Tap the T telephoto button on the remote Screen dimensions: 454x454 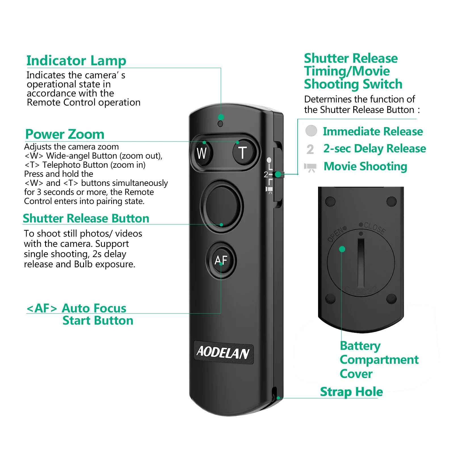[x=243, y=153]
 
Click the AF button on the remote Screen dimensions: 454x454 [x=221, y=260]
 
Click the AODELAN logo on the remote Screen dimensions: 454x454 [x=223, y=352]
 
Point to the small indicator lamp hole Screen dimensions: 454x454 [x=220, y=124]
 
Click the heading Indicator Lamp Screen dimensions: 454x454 [x=76, y=61]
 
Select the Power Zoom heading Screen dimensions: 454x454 [x=65, y=134]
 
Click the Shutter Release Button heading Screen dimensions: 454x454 [x=86, y=218]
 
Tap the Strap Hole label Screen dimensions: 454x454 [x=351, y=392]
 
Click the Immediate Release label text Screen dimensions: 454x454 [x=373, y=131]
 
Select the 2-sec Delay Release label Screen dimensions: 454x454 [x=375, y=149]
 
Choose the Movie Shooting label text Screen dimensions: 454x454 [x=365, y=167]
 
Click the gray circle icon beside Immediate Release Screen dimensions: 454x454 [x=311, y=131]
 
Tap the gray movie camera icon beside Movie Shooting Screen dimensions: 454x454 [x=310, y=167]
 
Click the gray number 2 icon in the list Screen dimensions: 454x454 [x=310, y=149]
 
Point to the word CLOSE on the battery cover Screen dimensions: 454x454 [x=375, y=228]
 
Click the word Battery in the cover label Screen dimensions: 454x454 [x=360, y=346]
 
